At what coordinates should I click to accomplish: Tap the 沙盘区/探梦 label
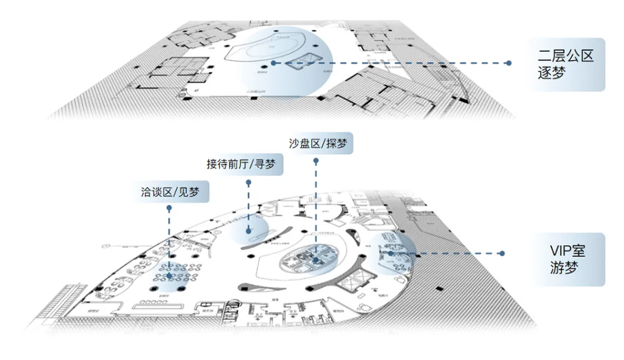click(x=318, y=144)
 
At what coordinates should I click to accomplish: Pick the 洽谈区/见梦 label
click(x=172, y=191)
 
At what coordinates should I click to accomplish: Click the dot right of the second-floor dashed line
click(x=509, y=63)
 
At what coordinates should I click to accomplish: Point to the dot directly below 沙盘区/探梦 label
click(x=316, y=160)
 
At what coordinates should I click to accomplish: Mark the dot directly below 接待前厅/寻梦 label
click(x=248, y=183)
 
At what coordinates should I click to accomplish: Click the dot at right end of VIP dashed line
click(x=501, y=253)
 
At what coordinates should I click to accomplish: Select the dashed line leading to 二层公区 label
click(x=393, y=63)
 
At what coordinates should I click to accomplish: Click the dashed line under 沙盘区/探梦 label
click(x=316, y=206)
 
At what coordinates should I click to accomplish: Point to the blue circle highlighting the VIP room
click(x=387, y=253)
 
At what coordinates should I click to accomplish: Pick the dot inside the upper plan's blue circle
click(x=273, y=63)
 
